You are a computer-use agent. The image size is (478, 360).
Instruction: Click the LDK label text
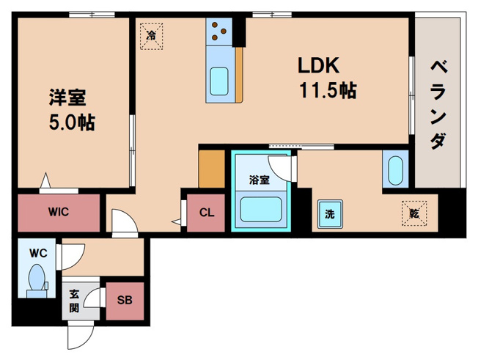coord(318,65)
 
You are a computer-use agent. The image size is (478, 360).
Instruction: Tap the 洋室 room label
coord(67,98)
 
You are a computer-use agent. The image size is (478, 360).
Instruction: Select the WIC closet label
coord(59,212)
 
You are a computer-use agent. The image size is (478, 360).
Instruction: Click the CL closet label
coord(207,212)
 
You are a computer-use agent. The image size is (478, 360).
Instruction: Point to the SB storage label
coord(125,301)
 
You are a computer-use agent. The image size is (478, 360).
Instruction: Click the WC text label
coord(38,253)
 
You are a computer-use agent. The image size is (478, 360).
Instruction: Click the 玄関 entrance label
coord(74,301)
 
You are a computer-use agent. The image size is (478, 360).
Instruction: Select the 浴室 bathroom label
coord(259,180)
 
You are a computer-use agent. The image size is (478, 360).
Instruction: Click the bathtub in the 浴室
coord(261,210)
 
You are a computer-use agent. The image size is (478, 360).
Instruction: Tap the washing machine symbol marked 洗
coord(330,214)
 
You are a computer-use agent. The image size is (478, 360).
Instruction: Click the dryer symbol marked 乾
coord(414,213)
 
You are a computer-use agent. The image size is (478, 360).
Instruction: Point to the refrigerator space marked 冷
coord(151,36)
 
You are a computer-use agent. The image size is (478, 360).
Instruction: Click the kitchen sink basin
coord(219,81)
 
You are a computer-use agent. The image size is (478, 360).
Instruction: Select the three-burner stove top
coord(219,31)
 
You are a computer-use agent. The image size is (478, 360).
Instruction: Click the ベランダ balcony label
coord(438,105)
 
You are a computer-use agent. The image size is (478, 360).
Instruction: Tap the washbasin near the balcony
coord(395,171)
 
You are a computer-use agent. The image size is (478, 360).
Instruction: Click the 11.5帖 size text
coord(328,90)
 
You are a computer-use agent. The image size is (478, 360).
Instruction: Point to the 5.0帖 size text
coord(72,122)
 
